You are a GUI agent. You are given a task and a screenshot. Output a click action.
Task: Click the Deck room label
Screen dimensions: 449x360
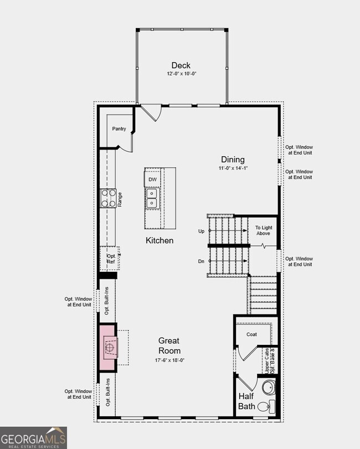(181, 65)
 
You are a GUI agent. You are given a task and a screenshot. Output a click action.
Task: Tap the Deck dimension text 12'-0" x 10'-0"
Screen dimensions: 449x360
(181, 74)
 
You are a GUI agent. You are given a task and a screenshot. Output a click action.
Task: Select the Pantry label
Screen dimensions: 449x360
(119, 129)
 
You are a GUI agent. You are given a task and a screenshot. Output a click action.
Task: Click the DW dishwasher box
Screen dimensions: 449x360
(152, 180)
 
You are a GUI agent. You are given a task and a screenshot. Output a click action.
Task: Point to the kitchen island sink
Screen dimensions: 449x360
(152, 198)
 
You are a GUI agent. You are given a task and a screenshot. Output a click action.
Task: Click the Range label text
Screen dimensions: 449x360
(119, 199)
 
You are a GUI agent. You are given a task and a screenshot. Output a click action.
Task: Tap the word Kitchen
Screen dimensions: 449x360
(160, 240)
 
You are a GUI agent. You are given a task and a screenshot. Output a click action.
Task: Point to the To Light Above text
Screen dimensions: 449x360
(263, 230)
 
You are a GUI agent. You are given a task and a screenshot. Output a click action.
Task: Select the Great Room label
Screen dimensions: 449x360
(169, 345)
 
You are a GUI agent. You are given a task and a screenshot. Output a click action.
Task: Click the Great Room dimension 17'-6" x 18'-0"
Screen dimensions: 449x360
(169, 360)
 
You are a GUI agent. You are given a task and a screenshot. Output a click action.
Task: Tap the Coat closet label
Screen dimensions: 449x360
(251, 334)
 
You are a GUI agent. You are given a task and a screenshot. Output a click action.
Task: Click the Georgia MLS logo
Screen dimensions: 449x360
(33, 437)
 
